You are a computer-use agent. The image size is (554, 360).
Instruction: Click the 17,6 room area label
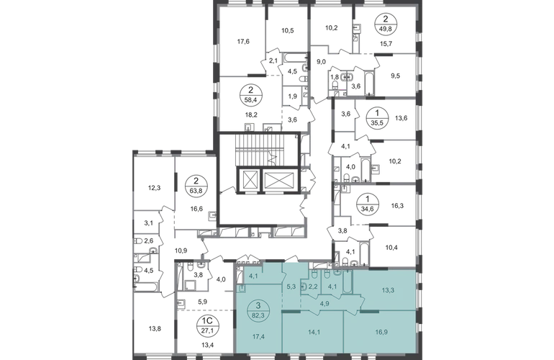click(x=243, y=41)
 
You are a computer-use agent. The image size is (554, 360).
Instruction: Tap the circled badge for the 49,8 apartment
click(x=386, y=24)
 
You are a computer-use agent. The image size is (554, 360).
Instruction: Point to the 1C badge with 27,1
click(x=208, y=325)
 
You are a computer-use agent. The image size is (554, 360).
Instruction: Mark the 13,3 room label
click(x=388, y=291)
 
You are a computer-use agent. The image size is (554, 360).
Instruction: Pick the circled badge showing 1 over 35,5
click(x=377, y=119)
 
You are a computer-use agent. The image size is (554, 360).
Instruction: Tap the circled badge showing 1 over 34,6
click(x=368, y=204)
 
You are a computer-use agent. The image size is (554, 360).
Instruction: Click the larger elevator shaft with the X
click(x=279, y=180)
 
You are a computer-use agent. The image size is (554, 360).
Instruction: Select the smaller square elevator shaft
click(x=249, y=180)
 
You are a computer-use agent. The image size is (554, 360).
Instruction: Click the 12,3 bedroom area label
click(x=154, y=188)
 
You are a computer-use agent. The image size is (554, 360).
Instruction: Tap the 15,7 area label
click(x=386, y=43)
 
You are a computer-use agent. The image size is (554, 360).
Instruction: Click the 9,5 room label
click(x=396, y=76)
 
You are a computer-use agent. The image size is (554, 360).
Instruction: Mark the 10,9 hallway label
click(x=181, y=251)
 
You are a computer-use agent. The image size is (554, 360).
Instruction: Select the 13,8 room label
click(x=155, y=328)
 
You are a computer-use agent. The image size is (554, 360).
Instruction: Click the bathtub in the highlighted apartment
click(x=348, y=282)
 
